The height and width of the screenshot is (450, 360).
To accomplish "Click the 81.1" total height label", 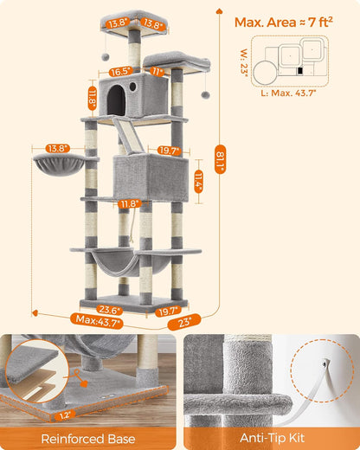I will click(x=220, y=159).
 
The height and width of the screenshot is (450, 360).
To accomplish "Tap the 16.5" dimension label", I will click(x=120, y=72).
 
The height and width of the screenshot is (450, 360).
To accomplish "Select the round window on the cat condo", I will click(x=134, y=88).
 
